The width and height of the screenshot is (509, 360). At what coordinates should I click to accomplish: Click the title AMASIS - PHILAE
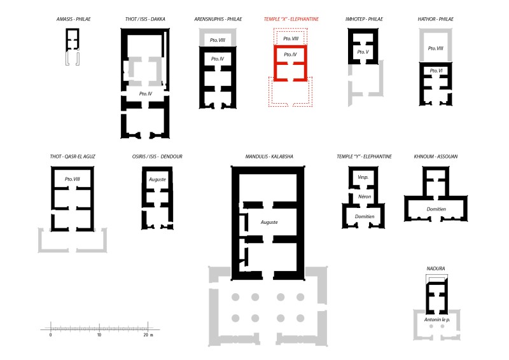click(x=74, y=19)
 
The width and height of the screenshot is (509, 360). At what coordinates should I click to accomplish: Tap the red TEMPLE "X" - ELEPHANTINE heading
click(x=291, y=19)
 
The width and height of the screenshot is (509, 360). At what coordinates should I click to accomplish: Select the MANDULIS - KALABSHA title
click(x=269, y=156)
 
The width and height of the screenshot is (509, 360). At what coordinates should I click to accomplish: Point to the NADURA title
click(x=436, y=268)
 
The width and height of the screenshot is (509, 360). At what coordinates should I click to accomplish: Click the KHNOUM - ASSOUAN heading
click(x=436, y=156)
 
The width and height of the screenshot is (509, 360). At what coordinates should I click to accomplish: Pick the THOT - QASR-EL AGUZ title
click(x=73, y=156)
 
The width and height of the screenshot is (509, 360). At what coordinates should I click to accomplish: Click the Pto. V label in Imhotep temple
click(x=363, y=52)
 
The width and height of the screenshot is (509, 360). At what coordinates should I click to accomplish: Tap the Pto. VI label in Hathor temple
click(x=436, y=71)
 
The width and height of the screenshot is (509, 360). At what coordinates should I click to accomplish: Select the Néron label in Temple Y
click(x=365, y=197)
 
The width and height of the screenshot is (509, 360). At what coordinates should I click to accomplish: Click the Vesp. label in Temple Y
click(x=363, y=177)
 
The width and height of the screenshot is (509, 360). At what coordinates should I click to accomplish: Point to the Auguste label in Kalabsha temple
click(x=269, y=223)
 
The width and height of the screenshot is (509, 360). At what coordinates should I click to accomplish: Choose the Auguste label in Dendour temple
click(x=157, y=179)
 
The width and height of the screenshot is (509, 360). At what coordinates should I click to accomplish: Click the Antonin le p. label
click(x=437, y=320)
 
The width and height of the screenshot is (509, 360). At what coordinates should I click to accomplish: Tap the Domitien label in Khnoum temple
click(x=436, y=209)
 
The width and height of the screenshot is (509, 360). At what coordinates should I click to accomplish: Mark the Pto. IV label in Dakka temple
click(x=146, y=93)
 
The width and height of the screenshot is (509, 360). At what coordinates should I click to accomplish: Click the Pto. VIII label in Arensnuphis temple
click(x=218, y=40)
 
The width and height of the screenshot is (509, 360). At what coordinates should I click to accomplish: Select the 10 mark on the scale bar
click(x=99, y=335)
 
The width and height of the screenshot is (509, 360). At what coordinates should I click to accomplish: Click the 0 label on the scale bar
click(x=50, y=335)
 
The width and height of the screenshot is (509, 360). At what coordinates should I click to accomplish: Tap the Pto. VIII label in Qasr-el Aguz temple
click(x=72, y=179)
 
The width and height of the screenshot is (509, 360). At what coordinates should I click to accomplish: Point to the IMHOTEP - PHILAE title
click(x=364, y=19)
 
